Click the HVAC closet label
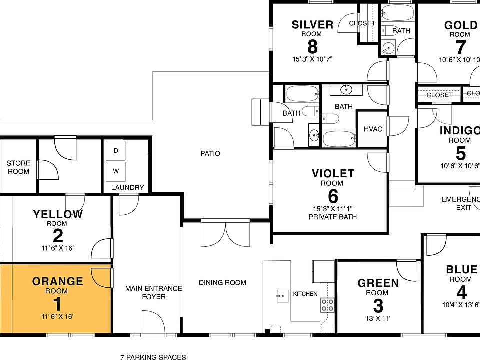pos(373,129)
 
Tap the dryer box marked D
pos(116,150)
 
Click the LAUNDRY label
pos(127,188)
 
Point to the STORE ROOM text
pos(18,167)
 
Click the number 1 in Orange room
pos(57,304)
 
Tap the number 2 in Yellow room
pos(57,236)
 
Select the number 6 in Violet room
pos(333,195)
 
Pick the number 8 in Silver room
pos(312,47)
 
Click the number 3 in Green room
pos(378,305)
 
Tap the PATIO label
pos(210,153)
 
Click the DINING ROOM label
pos(222,283)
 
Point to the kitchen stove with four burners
pos(327,305)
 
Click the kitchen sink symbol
pos(282,295)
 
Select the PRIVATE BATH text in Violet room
pos(333,217)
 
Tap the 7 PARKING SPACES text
pos(153,357)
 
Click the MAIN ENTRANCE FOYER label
pos(146,293)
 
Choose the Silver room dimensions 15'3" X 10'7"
pos(312,59)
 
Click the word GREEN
pos(378,283)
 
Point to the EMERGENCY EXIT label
pos(460,203)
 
